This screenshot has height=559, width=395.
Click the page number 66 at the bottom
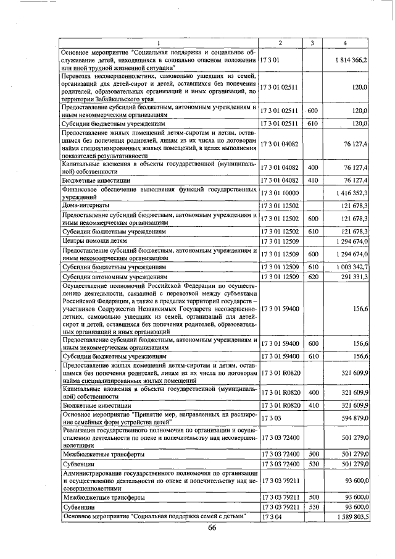(x=212, y=527)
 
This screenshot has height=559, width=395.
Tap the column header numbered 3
(x=312, y=43)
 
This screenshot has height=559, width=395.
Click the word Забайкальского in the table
(x=117, y=99)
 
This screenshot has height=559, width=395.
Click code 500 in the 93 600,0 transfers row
(x=312, y=496)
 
